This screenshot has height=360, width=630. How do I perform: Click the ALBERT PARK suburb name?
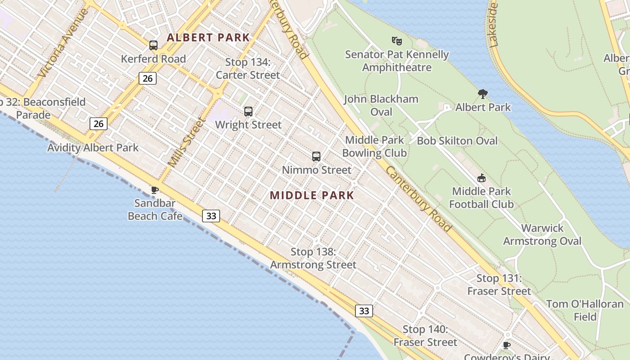[x=208, y=37]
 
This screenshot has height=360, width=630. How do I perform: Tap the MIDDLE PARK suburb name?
[x=312, y=195]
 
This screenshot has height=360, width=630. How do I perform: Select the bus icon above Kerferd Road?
[x=153, y=45]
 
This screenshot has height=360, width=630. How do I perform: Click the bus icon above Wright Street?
[x=248, y=112]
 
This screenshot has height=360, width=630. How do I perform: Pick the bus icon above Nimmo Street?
[x=316, y=157]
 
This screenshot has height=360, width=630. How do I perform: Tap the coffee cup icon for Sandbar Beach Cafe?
[x=155, y=190]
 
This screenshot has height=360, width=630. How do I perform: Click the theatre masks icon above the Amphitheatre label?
[x=396, y=41]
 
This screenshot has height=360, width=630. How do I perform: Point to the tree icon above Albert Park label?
[x=483, y=94]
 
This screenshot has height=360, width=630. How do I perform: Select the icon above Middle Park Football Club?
[x=481, y=178]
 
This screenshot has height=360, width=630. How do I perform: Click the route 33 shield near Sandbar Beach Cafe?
[x=211, y=216]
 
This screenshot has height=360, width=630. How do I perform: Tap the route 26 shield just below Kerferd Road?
[x=147, y=79]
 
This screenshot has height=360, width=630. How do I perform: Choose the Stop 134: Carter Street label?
[x=248, y=68]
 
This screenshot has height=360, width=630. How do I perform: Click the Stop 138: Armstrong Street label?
[x=313, y=258]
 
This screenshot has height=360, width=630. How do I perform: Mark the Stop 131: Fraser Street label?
[x=499, y=284]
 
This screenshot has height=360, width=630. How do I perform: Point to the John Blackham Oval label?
[x=381, y=105]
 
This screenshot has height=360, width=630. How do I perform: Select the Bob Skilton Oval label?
[x=457, y=141]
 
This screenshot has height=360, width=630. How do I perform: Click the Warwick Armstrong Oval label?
[x=542, y=234]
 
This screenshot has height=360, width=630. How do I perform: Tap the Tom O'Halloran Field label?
[x=585, y=310]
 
